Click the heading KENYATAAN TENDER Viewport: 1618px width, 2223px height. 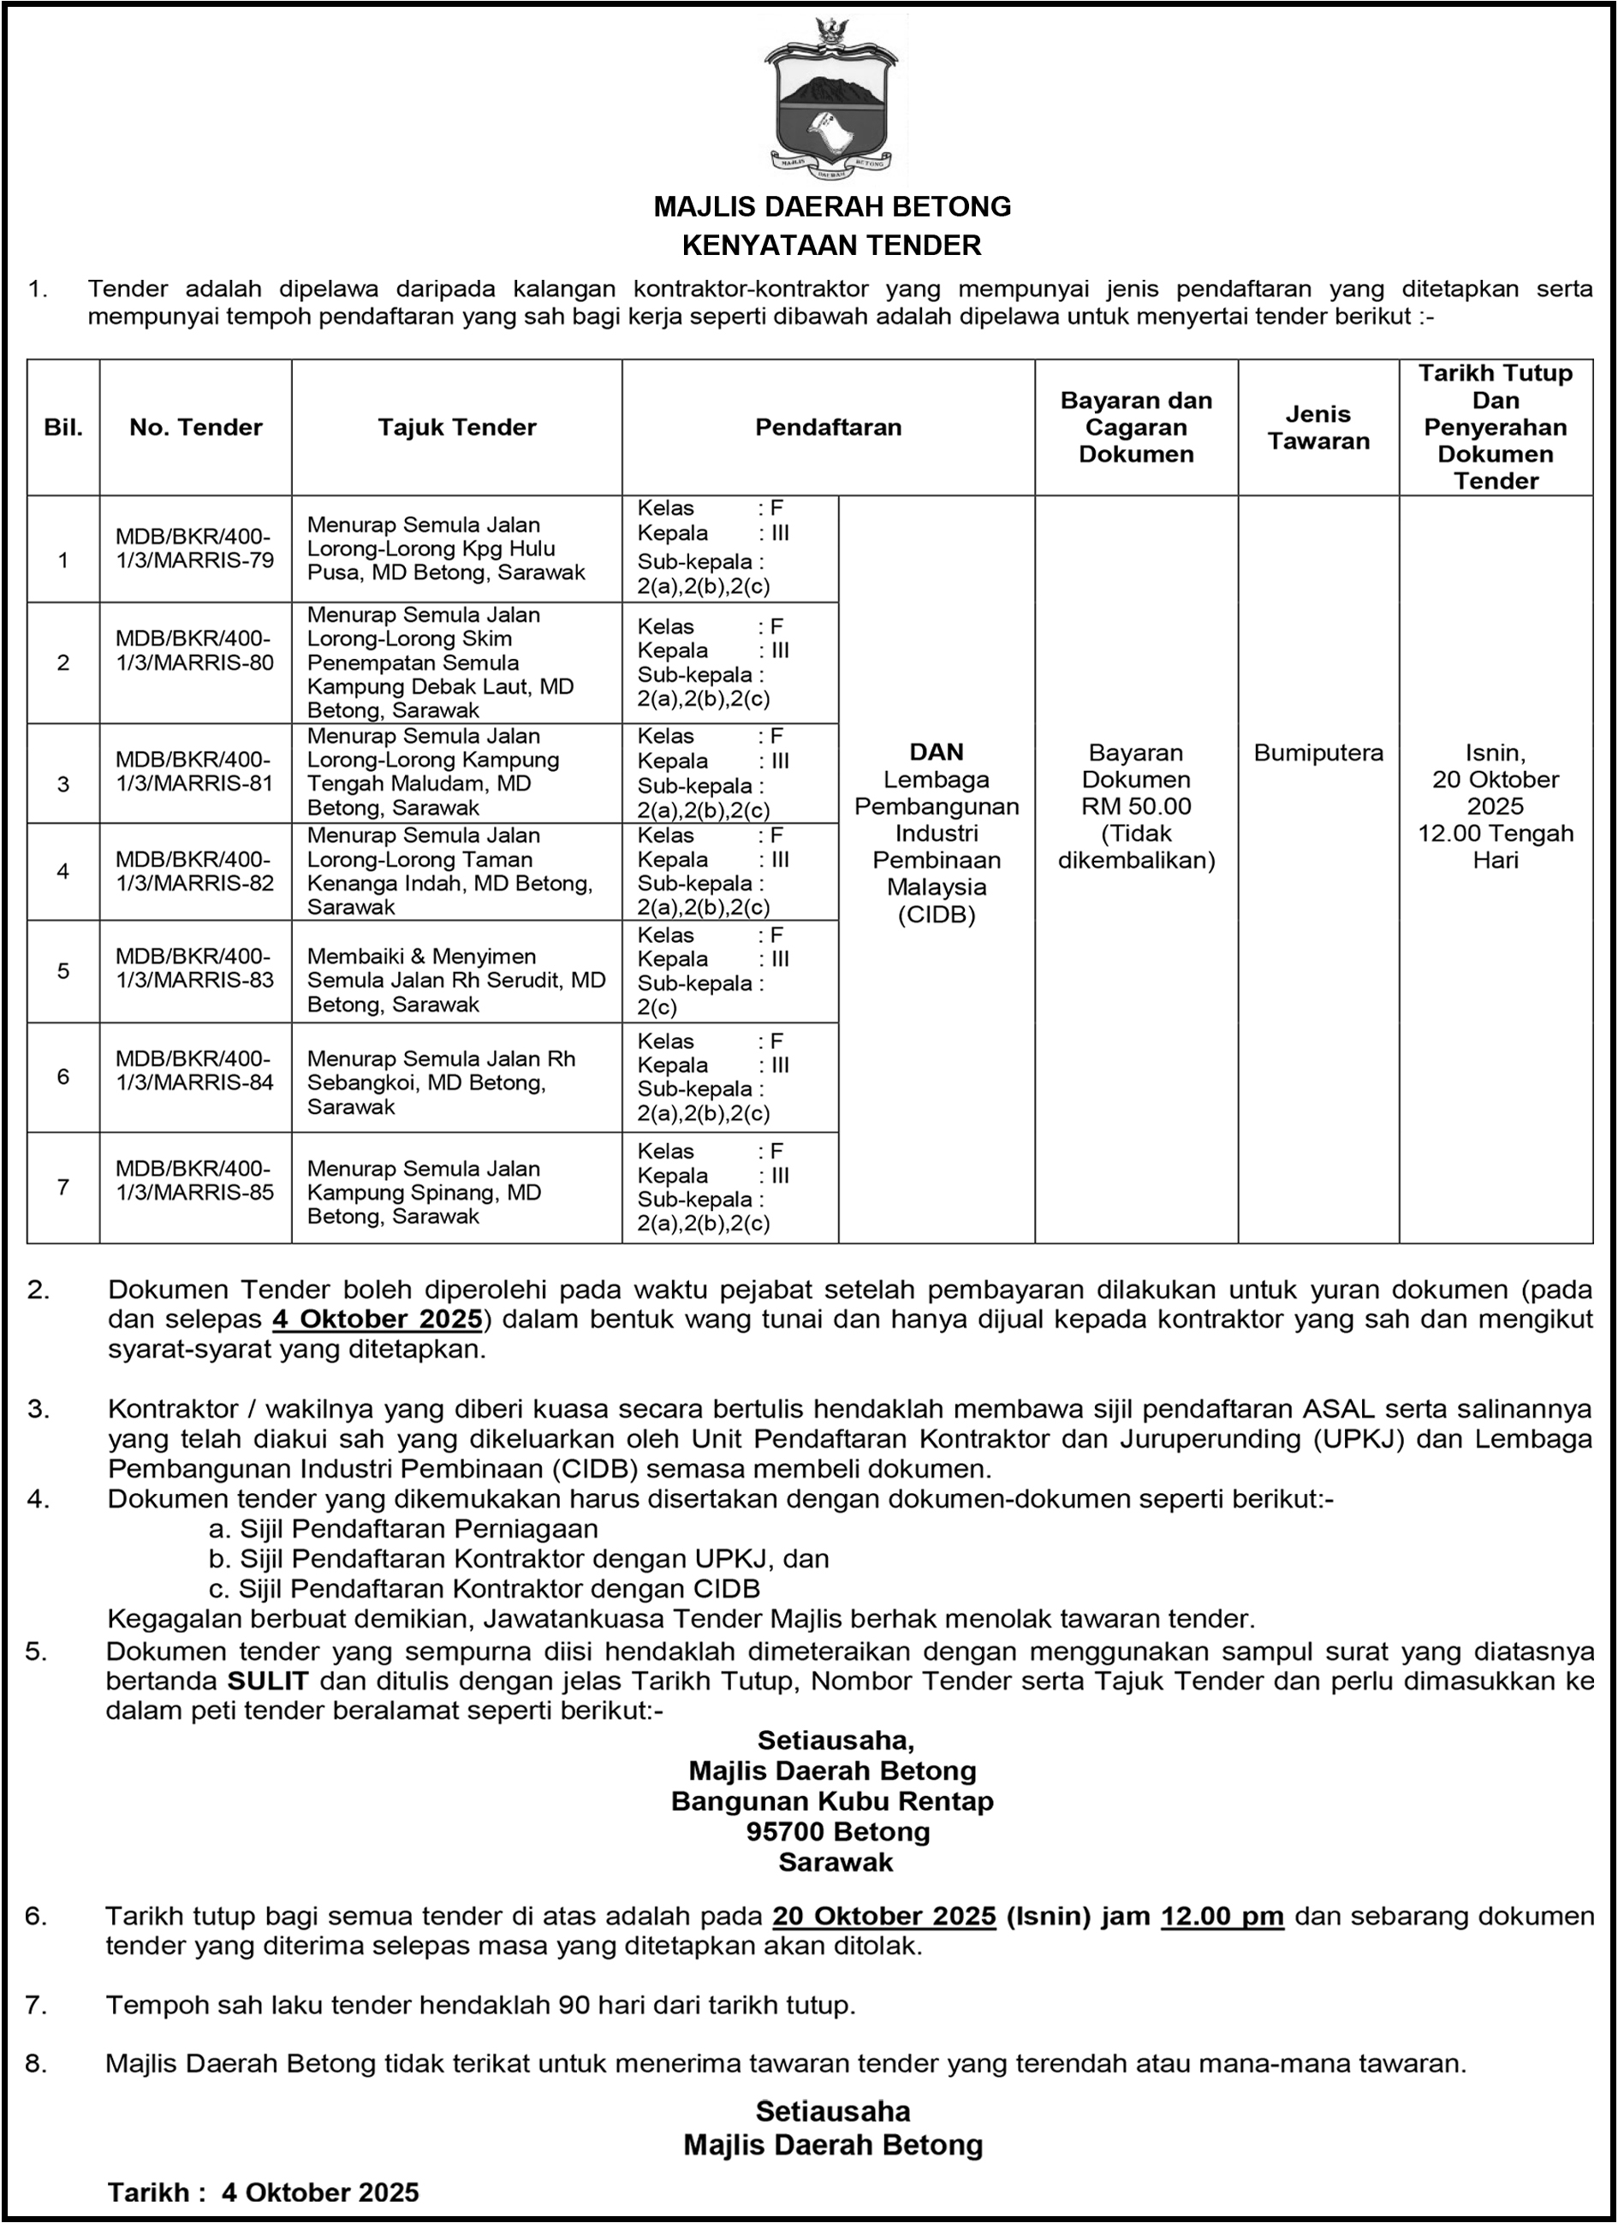[831, 245]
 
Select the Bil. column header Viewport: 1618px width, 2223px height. [63, 427]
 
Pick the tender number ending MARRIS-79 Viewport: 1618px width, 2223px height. [195, 548]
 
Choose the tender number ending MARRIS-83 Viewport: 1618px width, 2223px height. [195, 969]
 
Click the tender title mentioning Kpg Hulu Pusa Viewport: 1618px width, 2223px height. [446, 548]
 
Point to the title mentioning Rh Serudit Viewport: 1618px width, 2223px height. [456, 981]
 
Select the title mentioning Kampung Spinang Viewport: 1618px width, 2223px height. [424, 1192]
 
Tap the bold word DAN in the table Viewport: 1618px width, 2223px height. [937, 752]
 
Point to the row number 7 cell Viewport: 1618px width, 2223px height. [63, 1188]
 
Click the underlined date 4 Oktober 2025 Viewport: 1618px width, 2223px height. [378, 1319]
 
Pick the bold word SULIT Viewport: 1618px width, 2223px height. [268, 1681]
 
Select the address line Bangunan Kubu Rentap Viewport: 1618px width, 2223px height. [832, 1801]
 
